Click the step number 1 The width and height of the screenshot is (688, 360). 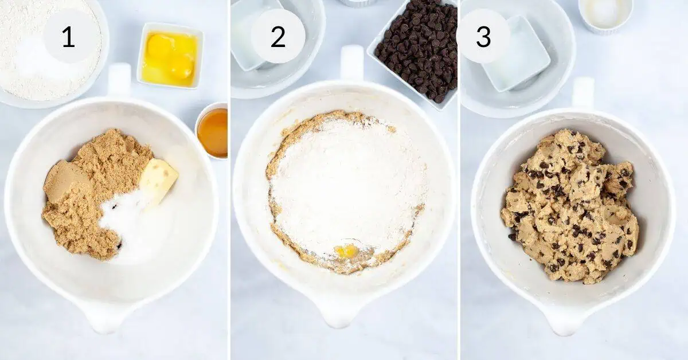coord(68,37)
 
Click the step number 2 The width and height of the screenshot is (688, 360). coord(278,37)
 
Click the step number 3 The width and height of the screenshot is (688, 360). coord(483,37)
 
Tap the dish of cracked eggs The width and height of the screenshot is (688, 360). coord(170,56)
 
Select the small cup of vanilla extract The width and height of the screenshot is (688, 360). coord(212,130)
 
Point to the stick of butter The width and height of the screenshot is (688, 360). coord(159,181)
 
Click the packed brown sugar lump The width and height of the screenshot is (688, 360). coord(67,181)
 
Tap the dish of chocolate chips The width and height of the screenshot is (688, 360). coord(414,52)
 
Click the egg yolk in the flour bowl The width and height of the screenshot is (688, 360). coord(346,251)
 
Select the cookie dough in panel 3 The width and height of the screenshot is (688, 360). coord(569,205)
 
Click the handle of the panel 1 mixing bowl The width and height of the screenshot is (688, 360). coord(119,79)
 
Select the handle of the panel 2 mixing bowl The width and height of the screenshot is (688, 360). coord(352,63)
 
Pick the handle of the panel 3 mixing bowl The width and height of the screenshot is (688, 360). coord(583,93)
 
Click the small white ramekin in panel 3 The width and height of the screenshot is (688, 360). coord(605,15)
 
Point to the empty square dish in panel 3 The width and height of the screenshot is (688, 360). coord(516,54)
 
